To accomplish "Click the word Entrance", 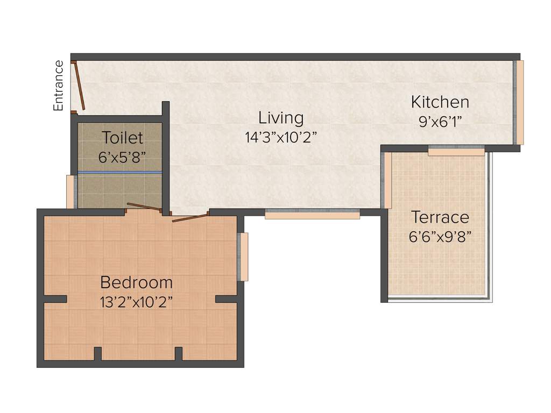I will point(59,86).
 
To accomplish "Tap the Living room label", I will point(281,118).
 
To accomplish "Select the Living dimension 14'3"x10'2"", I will point(280,137).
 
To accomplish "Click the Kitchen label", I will point(440,102).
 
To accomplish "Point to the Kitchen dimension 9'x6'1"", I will point(440,121).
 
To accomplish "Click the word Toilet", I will point(123,138).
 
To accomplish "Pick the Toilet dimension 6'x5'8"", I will point(122,157).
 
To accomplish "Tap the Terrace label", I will point(440,218).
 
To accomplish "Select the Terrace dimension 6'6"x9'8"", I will point(440,237).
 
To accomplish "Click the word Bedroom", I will point(137,282).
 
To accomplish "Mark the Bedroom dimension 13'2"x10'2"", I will point(137,302).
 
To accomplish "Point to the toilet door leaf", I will point(144,207).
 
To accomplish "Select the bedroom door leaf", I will point(190,217).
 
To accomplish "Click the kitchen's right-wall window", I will point(519,102).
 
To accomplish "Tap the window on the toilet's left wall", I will point(70,191).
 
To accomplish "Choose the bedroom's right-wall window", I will point(244,257).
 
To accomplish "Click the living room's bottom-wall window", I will point(312,215).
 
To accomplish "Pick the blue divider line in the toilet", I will point(119,173).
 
